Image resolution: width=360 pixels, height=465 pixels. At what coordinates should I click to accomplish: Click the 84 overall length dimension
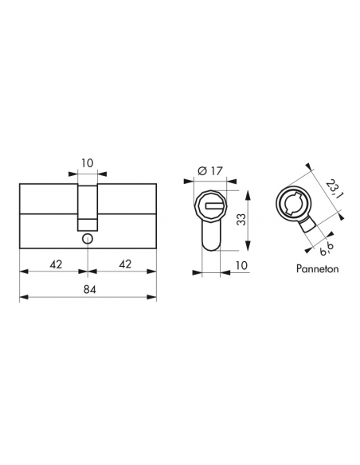(x=89, y=289)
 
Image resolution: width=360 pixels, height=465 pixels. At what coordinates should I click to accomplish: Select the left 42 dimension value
(x=56, y=264)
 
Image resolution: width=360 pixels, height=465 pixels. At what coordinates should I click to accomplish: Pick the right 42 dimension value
(x=125, y=264)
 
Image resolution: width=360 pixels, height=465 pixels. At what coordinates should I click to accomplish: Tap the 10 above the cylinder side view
(x=88, y=163)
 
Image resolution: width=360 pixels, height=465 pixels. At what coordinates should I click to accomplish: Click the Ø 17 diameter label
(x=210, y=171)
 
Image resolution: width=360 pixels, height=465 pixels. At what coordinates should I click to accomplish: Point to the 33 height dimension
(x=242, y=220)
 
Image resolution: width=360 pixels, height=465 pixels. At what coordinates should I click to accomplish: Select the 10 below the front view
(x=241, y=265)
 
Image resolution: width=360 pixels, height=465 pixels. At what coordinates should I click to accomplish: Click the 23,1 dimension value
(x=334, y=190)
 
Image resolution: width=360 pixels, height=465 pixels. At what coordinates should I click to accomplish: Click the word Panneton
(x=317, y=269)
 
